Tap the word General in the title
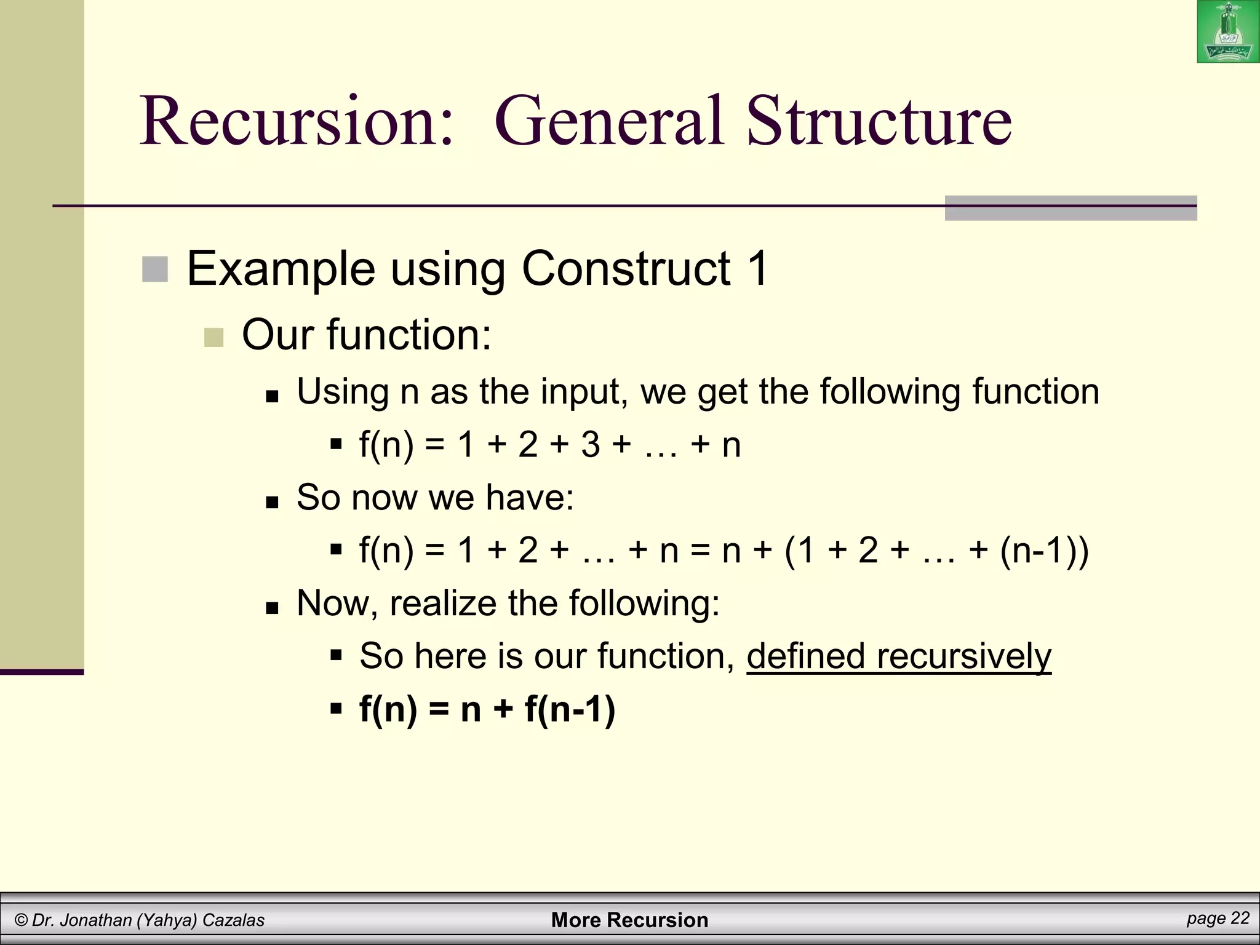click(x=609, y=121)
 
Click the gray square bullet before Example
click(x=155, y=269)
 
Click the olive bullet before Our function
click(x=213, y=337)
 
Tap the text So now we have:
click(x=435, y=497)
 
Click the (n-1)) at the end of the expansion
click(x=1044, y=550)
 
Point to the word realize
click(x=442, y=603)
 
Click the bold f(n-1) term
click(x=570, y=709)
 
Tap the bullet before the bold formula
click(x=336, y=709)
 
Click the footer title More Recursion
click(x=629, y=920)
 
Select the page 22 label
click(x=1218, y=919)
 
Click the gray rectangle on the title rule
click(x=1071, y=208)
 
